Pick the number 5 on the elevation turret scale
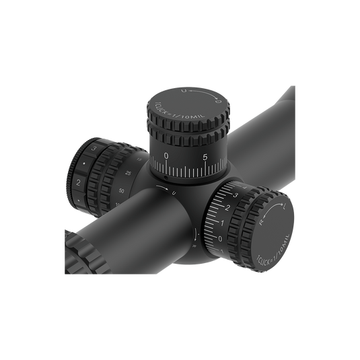(x=205, y=157)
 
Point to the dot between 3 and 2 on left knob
(x=83, y=165)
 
